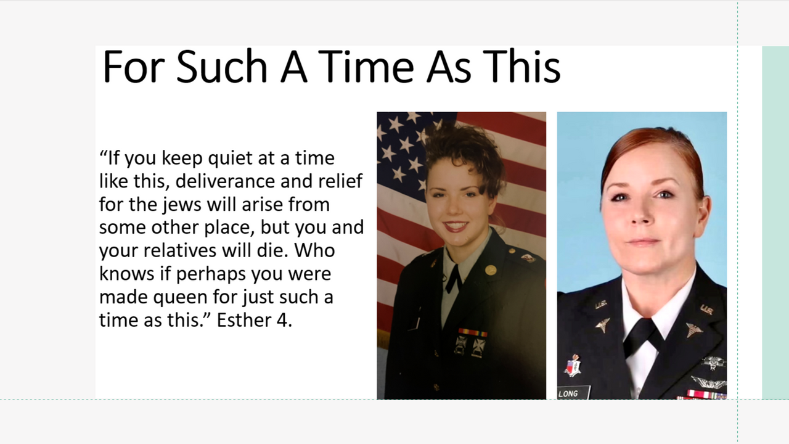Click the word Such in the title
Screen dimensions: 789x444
coord(221,67)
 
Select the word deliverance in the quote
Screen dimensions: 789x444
coord(225,181)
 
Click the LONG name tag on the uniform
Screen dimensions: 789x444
coord(573,393)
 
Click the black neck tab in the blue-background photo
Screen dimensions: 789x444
coord(640,337)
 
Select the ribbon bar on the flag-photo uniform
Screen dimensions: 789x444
coord(472,332)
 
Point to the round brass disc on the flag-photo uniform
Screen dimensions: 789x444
coord(490,270)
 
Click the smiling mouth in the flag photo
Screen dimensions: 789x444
coord(456,226)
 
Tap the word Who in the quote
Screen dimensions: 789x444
coord(314,250)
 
